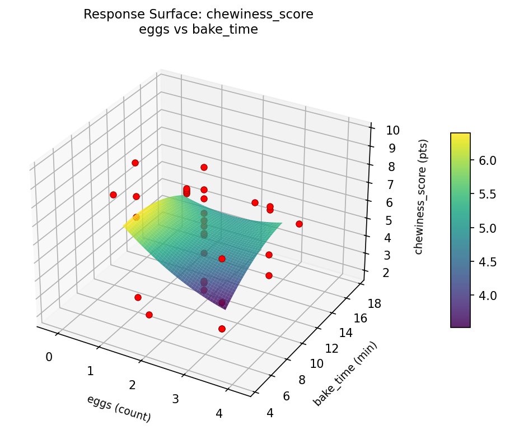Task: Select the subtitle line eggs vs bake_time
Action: click(198, 30)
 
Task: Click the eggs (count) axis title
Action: click(119, 408)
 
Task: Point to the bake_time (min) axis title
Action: click(345, 373)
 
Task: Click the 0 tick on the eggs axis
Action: click(49, 357)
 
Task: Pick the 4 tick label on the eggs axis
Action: click(219, 413)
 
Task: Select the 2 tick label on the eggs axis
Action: click(133, 385)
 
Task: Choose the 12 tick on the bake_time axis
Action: click(332, 349)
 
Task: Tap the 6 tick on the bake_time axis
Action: click(286, 396)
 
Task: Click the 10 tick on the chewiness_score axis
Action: click(392, 131)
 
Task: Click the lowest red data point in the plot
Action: click(222, 329)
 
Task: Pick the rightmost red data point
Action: click(299, 224)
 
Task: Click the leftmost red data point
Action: click(113, 195)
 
